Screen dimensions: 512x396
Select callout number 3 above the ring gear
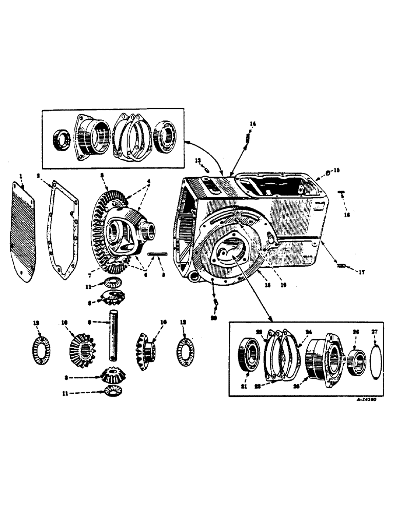click(103, 175)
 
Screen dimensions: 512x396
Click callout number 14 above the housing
click(252, 123)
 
